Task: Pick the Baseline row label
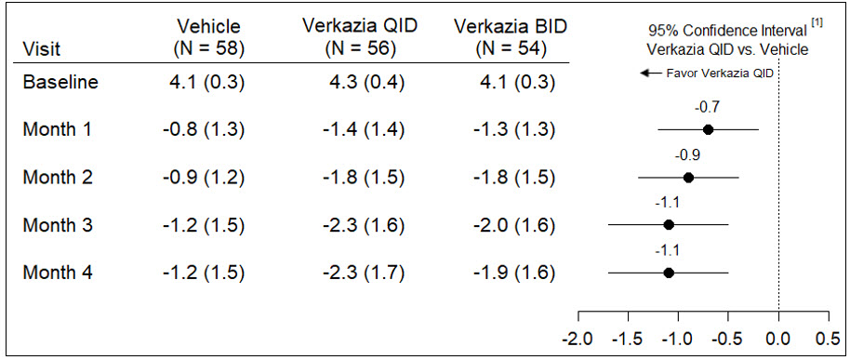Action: (60, 82)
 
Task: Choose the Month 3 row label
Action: (57, 224)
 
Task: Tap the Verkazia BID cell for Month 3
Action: (511, 224)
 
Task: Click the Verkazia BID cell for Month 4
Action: (511, 273)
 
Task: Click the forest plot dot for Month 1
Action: (708, 130)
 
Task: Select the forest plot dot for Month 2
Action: (688, 178)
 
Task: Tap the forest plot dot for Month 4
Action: (669, 273)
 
